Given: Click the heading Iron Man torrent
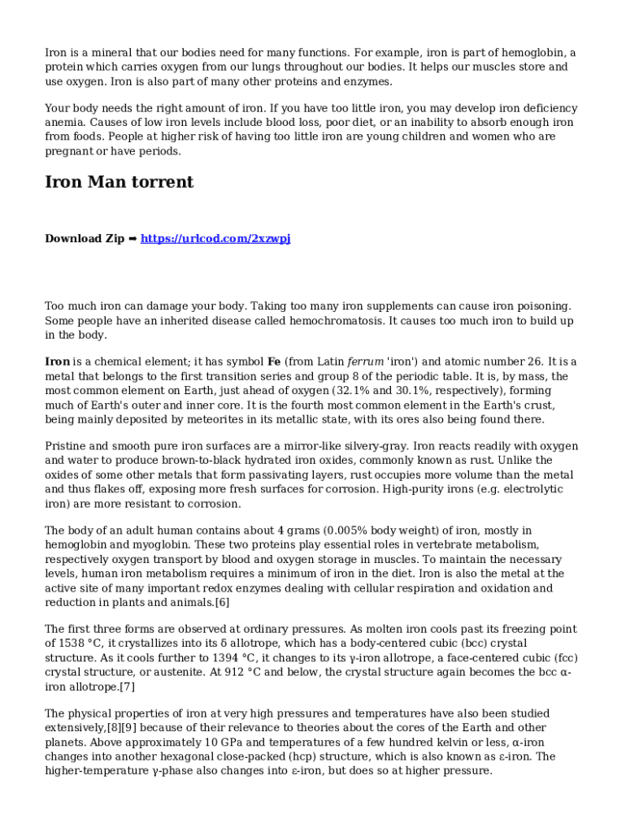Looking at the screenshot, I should pos(119,182).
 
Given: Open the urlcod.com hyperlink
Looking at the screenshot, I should pos(215,239).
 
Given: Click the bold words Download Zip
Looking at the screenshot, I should pos(85,239).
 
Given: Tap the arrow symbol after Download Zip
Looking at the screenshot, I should pos(133,239).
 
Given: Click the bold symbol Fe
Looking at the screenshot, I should pos(275,362).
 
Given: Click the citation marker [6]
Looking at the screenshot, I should pos(222,602).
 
